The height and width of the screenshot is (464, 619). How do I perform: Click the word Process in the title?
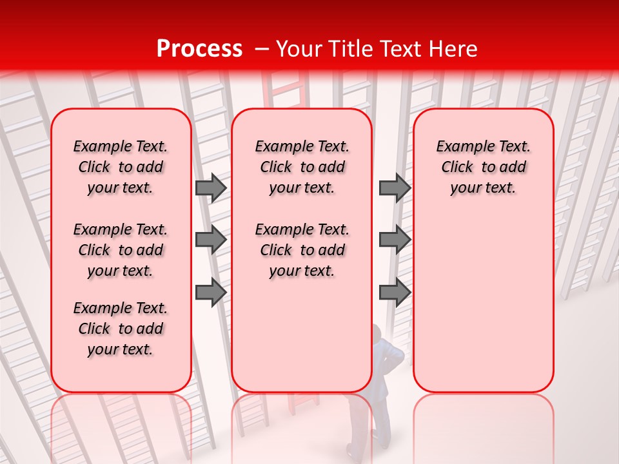click(199, 49)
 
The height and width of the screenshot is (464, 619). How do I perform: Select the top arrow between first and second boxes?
click(211, 188)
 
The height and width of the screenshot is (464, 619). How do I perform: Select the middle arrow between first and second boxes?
click(211, 240)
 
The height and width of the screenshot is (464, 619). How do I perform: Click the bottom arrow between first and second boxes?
click(211, 292)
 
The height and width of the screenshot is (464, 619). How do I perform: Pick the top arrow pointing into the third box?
click(395, 188)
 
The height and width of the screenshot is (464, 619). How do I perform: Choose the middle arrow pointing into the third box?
click(395, 240)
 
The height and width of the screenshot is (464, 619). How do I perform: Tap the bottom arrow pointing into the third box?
click(395, 292)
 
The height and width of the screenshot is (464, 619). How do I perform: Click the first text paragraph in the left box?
click(121, 167)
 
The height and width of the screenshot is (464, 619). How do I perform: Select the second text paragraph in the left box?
click(121, 250)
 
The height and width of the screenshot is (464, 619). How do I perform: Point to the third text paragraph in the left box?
click(121, 329)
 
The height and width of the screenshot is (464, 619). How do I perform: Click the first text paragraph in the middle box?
click(302, 167)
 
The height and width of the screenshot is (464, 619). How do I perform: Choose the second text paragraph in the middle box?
click(302, 250)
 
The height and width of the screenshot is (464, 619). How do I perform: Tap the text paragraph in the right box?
click(484, 167)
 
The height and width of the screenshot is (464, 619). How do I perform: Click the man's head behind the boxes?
click(377, 336)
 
